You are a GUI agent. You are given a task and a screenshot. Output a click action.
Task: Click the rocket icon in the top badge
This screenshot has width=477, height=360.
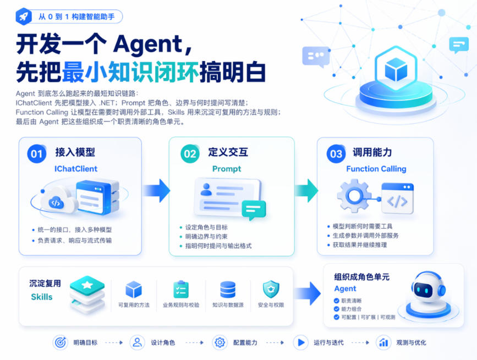click(x=24, y=16)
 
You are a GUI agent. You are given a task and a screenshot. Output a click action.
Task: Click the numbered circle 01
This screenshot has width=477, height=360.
click(x=36, y=154)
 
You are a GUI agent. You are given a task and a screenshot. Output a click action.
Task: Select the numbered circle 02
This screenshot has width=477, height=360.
click(x=190, y=154)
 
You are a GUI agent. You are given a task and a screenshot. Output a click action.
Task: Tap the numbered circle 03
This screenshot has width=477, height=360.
click(x=336, y=154)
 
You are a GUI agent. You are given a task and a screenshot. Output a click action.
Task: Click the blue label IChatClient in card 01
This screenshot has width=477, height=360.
click(x=76, y=169)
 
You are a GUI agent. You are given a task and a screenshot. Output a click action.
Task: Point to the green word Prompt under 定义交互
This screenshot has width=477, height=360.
click(x=227, y=169)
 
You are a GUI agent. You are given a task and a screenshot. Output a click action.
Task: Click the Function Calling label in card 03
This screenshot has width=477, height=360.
click(x=376, y=169)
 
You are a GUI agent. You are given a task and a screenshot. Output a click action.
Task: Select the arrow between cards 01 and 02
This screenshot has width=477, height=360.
click(x=157, y=191)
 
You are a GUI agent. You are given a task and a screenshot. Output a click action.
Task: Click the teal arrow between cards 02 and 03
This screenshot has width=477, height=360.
click(x=306, y=191)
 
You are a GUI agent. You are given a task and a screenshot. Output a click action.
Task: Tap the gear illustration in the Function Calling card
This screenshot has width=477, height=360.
click(x=354, y=196)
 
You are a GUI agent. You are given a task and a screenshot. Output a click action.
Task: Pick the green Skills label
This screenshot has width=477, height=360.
click(x=42, y=297)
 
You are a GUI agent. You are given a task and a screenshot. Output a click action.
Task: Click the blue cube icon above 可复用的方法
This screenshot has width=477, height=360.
click(x=134, y=290)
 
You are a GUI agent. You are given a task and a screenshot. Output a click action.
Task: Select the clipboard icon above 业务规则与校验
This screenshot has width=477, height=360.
click(x=181, y=289)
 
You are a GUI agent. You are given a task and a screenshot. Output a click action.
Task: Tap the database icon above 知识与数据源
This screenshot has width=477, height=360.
click(x=228, y=290)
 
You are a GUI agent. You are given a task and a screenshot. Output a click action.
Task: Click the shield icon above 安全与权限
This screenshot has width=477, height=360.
click(x=271, y=290)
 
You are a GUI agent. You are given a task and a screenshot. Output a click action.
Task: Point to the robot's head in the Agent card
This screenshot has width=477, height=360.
click(x=428, y=287)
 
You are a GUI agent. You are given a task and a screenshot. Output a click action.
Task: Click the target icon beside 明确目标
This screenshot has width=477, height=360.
click(x=60, y=342)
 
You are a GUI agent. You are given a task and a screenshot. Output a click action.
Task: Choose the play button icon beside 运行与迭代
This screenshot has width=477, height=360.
click(x=301, y=342)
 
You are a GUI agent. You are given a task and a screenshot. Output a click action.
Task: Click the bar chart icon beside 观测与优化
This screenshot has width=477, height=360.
click(x=383, y=342)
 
